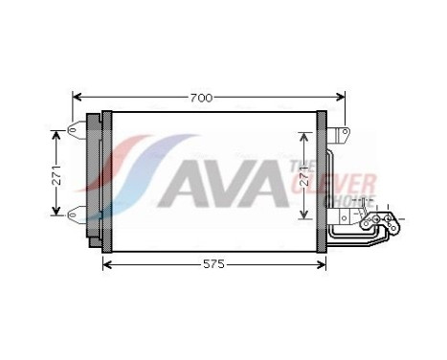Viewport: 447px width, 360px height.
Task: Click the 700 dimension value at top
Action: pyautogui.click(x=200, y=98)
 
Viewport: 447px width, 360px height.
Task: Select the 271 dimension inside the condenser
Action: pyautogui.click(x=304, y=175)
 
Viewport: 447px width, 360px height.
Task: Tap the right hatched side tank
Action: pyautogui.click(x=322, y=177)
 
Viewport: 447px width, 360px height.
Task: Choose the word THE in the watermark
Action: pyautogui.click(x=298, y=166)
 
